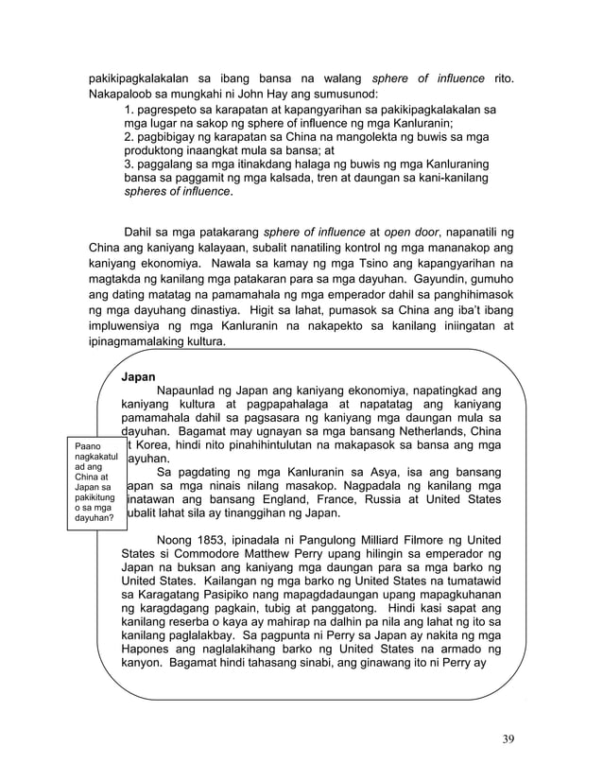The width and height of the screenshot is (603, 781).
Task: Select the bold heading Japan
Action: point(139,376)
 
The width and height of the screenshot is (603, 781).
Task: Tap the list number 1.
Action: point(129,111)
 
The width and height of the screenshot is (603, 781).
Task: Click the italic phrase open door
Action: point(411,231)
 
